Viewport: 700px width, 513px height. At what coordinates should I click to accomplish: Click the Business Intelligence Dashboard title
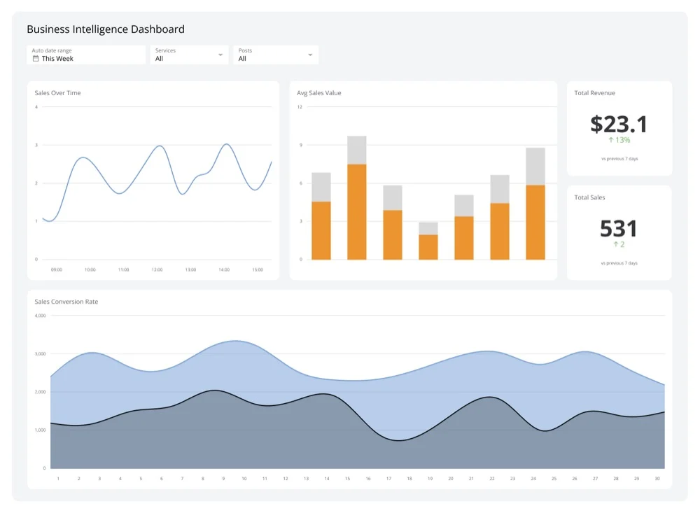(x=106, y=29)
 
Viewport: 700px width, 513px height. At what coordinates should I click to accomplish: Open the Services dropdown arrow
(x=220, y=55)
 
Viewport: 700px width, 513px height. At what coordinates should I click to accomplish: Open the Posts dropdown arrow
(x=310, y=55)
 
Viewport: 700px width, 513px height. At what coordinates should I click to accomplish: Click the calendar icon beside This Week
(x=36, y=59)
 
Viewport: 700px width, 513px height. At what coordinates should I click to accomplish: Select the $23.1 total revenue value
(x=619, y=124)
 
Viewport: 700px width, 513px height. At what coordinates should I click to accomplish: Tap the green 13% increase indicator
(x=619, y=140)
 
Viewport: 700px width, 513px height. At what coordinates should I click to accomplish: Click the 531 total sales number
(x=619, y=229)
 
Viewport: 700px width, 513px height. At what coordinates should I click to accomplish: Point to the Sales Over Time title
(x=57, y=93)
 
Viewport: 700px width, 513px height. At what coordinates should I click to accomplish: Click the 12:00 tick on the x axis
(x=157, y=269)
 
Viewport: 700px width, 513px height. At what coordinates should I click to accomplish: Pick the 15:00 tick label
(x=257, y=269)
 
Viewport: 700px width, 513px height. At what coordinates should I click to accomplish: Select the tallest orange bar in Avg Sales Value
(x=357, y=211)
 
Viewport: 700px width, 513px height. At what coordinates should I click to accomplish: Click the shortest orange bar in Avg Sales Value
(x=428, y=246)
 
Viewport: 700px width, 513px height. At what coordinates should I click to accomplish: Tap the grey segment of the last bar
(x=535, y=166)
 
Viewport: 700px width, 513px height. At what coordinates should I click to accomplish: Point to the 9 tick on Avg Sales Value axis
(x=300, y=145)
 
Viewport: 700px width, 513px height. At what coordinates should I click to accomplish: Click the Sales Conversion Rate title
(x=66, y=302)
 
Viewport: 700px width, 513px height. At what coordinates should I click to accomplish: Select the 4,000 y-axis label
(x=40, y=316)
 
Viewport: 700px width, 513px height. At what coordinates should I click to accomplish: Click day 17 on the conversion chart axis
(x=388, y=479)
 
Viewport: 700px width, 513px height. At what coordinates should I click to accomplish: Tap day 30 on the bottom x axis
(x=657, y=479)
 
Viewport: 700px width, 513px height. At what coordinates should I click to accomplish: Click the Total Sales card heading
(x=589, y=197)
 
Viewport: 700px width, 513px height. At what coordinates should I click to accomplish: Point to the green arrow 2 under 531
(x=619, y=244)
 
